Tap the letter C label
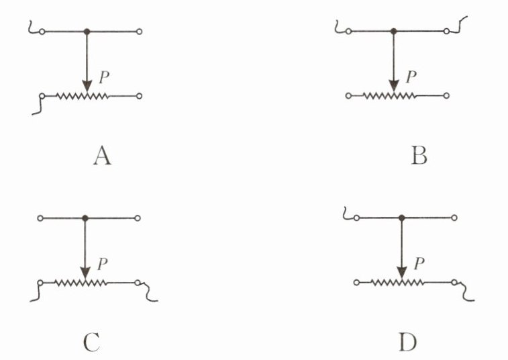pos(92,343)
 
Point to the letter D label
pos(407,343)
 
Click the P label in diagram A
pos(103,78)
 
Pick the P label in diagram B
pos(411,76)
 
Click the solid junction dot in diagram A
pos(87,32)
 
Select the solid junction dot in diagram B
pos(394,31)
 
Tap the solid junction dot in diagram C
pos(85,218)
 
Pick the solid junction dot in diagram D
pos(401,218)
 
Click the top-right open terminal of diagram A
pos(139,32)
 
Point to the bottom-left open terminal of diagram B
pos(348,96)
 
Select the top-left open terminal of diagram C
pos(42,218)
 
